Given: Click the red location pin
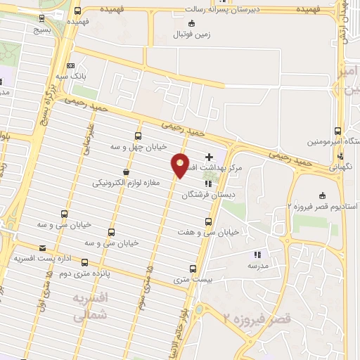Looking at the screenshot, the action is pos(181,165).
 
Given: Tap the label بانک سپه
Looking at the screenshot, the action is pos(72,75).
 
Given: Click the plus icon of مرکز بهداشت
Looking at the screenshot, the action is pos(208,156).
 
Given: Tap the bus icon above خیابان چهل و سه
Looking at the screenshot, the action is pos(137,136).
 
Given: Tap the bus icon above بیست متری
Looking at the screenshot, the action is pos(193,268).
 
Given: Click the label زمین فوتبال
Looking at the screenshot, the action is pos(191,32).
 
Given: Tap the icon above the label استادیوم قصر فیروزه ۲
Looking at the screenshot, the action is pos(323,195).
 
